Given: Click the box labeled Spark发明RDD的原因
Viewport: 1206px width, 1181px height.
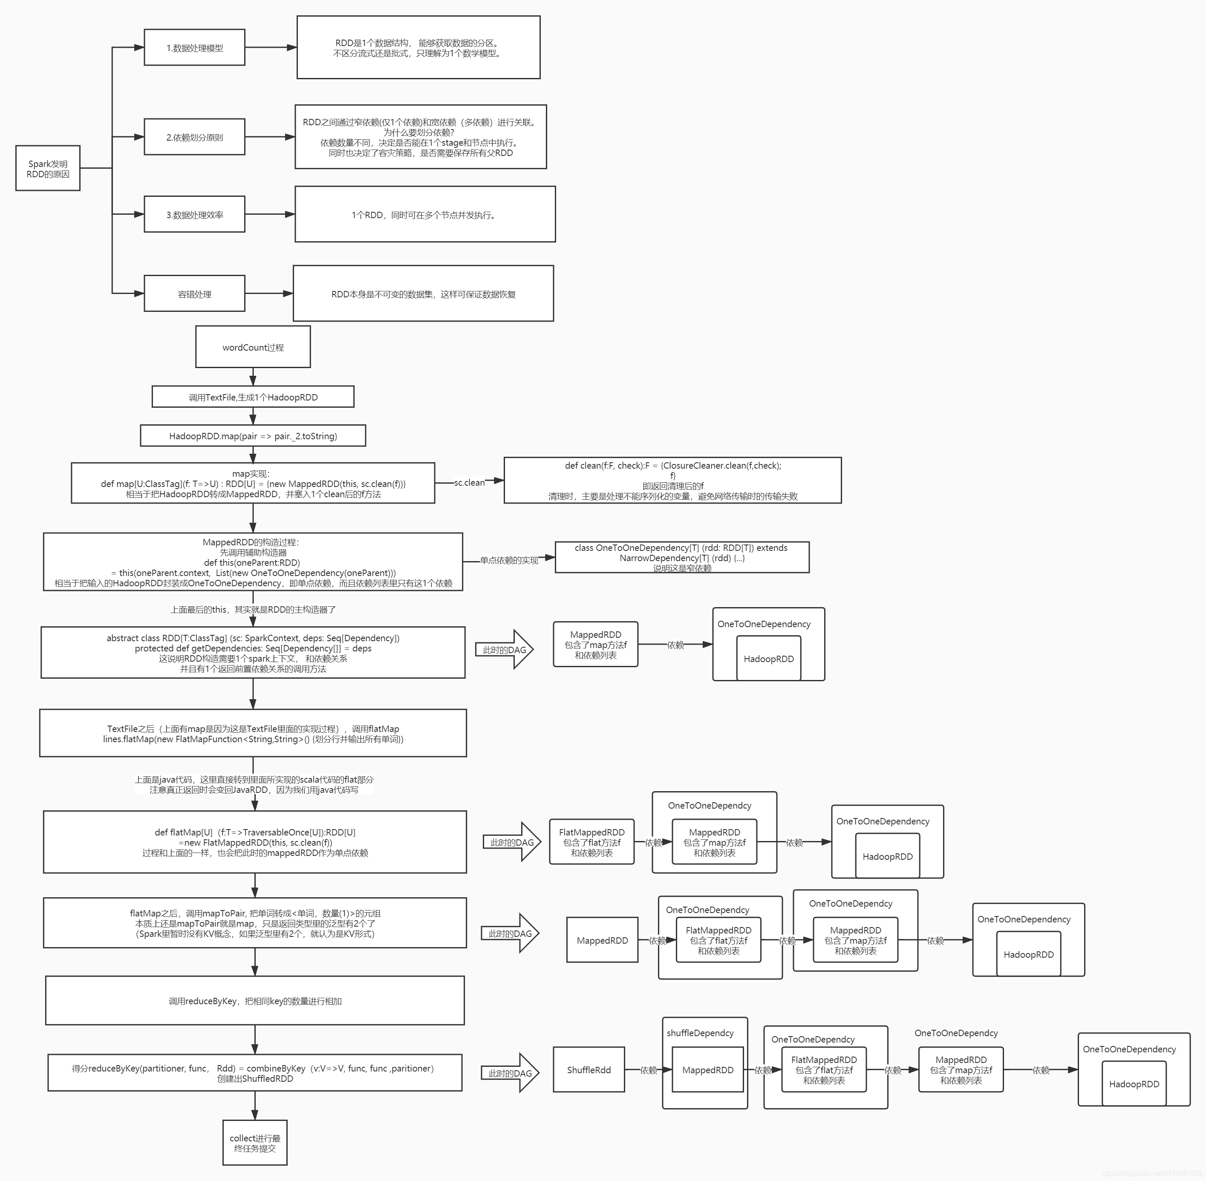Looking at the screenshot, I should (48, 168).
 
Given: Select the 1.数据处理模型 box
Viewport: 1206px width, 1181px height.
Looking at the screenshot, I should (194, 48).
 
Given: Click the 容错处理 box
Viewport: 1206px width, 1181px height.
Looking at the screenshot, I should (194, 294).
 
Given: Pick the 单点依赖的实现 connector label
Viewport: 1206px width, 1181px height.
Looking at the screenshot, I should (509, 560).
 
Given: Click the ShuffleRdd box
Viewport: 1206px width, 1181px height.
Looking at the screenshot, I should (589, 1070).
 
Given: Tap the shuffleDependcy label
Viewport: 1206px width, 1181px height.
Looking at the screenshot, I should (700, 1033).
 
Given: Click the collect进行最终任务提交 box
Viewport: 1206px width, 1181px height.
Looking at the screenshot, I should (255, 1143).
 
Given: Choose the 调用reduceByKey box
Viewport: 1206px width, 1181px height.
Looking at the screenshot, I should (255, 1000).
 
